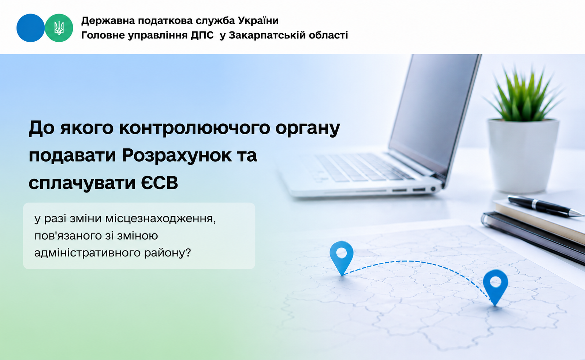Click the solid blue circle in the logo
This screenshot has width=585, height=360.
coord(30,28)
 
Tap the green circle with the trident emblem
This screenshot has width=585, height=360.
coord(59,28)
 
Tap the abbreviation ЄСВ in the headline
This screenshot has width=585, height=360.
coord(160,183)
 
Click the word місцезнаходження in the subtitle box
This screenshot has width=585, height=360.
coord(160,219)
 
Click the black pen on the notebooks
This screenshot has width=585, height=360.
coord(544,206)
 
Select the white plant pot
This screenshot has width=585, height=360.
coord(523,155)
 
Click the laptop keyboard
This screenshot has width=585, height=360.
coord(363,167)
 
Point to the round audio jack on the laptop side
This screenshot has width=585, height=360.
coord(433,189)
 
